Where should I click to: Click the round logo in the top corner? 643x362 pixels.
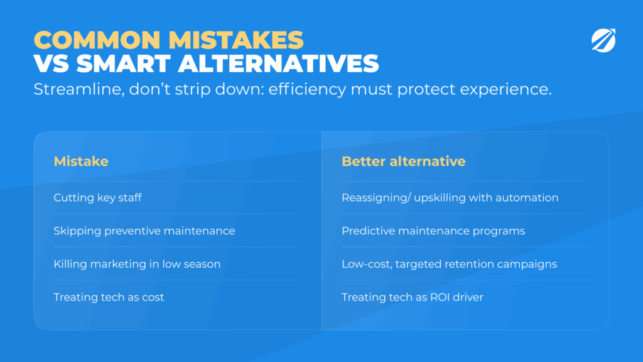(x=603, y=40)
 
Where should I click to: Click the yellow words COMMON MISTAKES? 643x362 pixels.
(x=168, y=40)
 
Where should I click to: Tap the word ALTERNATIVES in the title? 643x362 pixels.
(x=278, y=63)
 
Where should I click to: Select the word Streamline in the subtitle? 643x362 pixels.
(x=78, y=89)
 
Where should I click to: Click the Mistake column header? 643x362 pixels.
(x=81, y=162)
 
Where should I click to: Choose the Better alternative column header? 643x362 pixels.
(x=404, y=162)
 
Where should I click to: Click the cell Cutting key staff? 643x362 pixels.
(x=97, y=198)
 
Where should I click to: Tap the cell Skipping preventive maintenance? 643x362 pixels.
(x=144, y=231)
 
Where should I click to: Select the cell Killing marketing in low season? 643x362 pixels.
(x=137, y=264)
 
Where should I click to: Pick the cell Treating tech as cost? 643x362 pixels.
(x=109, y=297)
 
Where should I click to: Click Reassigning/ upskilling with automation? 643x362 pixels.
(x=450, y=198)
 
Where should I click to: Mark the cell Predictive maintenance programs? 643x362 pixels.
(x=433, y=231)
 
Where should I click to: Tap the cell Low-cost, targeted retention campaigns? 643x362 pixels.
(x=450, y=265)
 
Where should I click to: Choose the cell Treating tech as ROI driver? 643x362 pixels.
(x=413, y=297)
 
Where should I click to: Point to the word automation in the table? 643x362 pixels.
(x=527, y=198)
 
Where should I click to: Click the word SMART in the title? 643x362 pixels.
(x=123, y=63)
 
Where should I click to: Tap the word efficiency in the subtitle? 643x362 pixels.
(x=307, y=90)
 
